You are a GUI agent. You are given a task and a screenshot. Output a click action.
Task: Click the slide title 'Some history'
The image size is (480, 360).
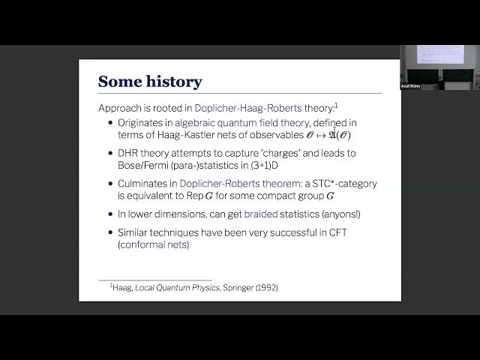pos(150,81)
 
